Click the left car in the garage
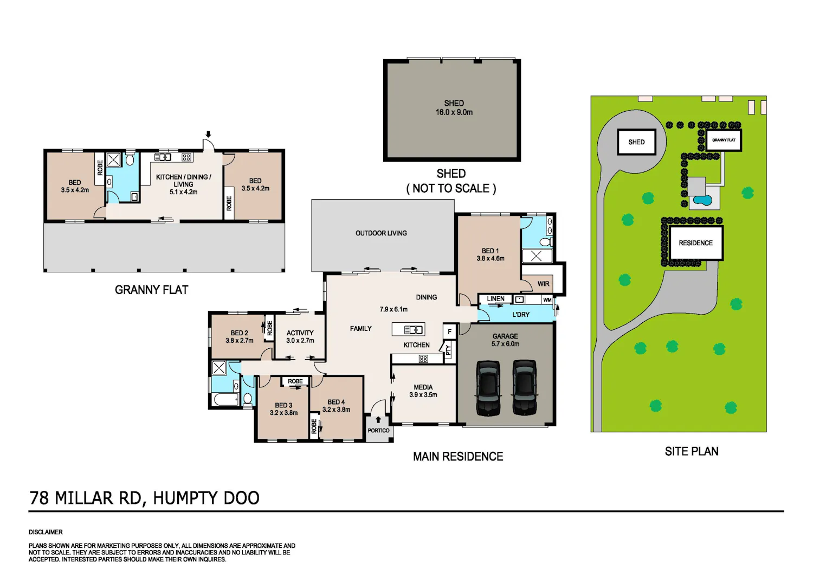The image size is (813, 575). pyautogui.click(x=488, y=388)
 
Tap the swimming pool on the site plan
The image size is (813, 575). pyautogui.click(x=703, y=200)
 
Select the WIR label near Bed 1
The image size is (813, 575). pyautogui.click(x=543, y=284)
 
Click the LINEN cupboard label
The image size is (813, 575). pyautogui.click(x=495, y=298)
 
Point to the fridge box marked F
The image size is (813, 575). pyautogui.click(x=449, y=331)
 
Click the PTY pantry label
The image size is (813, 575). pyautogui.click(x=449, y=350)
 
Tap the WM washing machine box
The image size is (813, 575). pyautogui.click(x=547, y=299)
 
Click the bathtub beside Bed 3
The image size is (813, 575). pyautogui.click(x=226, y=400)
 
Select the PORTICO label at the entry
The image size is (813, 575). pyautogui.click(x=378, y=430)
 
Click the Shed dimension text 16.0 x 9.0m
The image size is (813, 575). pyautogui.click(x=454, y=112)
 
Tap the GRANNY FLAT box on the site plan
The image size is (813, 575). pyautogui.click(x=724, y=140)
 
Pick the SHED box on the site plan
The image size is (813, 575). pyautogui.click(x=637, y=142)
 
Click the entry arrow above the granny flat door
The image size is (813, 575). pyautogui.click(x=208, y=135)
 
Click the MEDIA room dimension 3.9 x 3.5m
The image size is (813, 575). pyautogui.click(x=423, y=395)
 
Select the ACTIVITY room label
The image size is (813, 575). pyautogui.click(x=300, y=333)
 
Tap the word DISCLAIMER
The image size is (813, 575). pyautogui.click(x=46, y=532)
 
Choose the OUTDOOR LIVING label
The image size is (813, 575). pyautogui.click(x=381, y=233)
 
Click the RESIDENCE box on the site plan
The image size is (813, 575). pyautogui.click(x=696, y=242)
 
